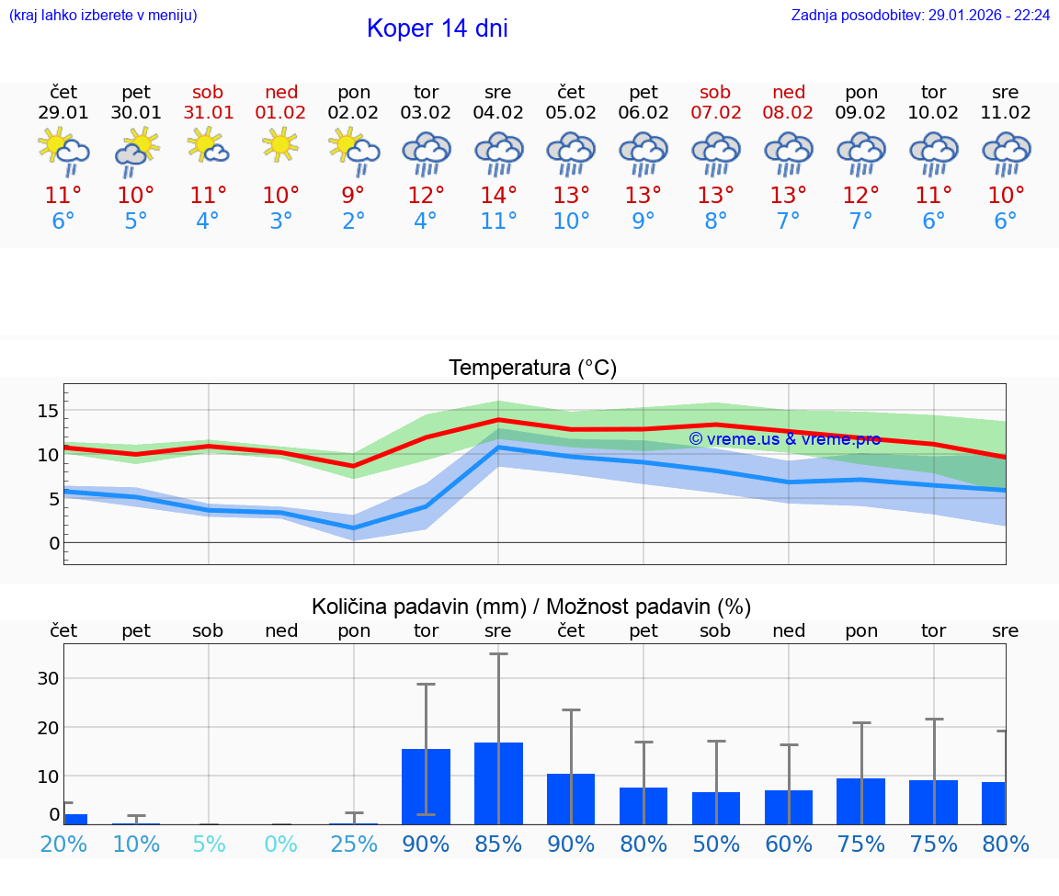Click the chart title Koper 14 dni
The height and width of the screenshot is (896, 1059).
(x=437, y=28)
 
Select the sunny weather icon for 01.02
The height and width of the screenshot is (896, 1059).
(x=280, y=144)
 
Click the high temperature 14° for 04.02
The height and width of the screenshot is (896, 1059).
(x=498, y=196)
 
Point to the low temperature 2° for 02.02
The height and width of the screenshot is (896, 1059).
(x=353, y=221)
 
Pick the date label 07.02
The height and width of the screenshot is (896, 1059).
(x=715, y=113)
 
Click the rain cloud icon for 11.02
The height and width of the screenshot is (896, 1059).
(x=1006, y=152)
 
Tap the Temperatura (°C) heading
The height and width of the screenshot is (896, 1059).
(x=532, y=369)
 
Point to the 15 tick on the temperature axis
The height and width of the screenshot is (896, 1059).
(x=49, y=410)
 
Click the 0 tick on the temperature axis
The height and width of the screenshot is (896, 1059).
(x=54, y=543)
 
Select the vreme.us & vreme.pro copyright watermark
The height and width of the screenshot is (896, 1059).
(x=784, y=439)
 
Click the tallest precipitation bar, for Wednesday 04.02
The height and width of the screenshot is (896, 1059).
(x=498, y=783)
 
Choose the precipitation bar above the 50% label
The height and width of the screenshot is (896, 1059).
(x=715, y=808)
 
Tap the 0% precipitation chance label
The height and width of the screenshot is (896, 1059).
(x=281, y=845)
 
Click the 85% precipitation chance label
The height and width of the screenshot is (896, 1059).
(x=498, y=845)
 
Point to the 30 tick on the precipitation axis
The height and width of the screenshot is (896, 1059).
(x=49, y=678)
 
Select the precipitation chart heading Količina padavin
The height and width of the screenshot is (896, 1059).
(x=531, y=607)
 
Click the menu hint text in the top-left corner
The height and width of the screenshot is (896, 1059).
(x=103, y=16)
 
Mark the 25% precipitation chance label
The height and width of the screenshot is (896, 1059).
(x=354, y=845)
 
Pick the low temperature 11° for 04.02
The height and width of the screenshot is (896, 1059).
(x=498, y=221)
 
